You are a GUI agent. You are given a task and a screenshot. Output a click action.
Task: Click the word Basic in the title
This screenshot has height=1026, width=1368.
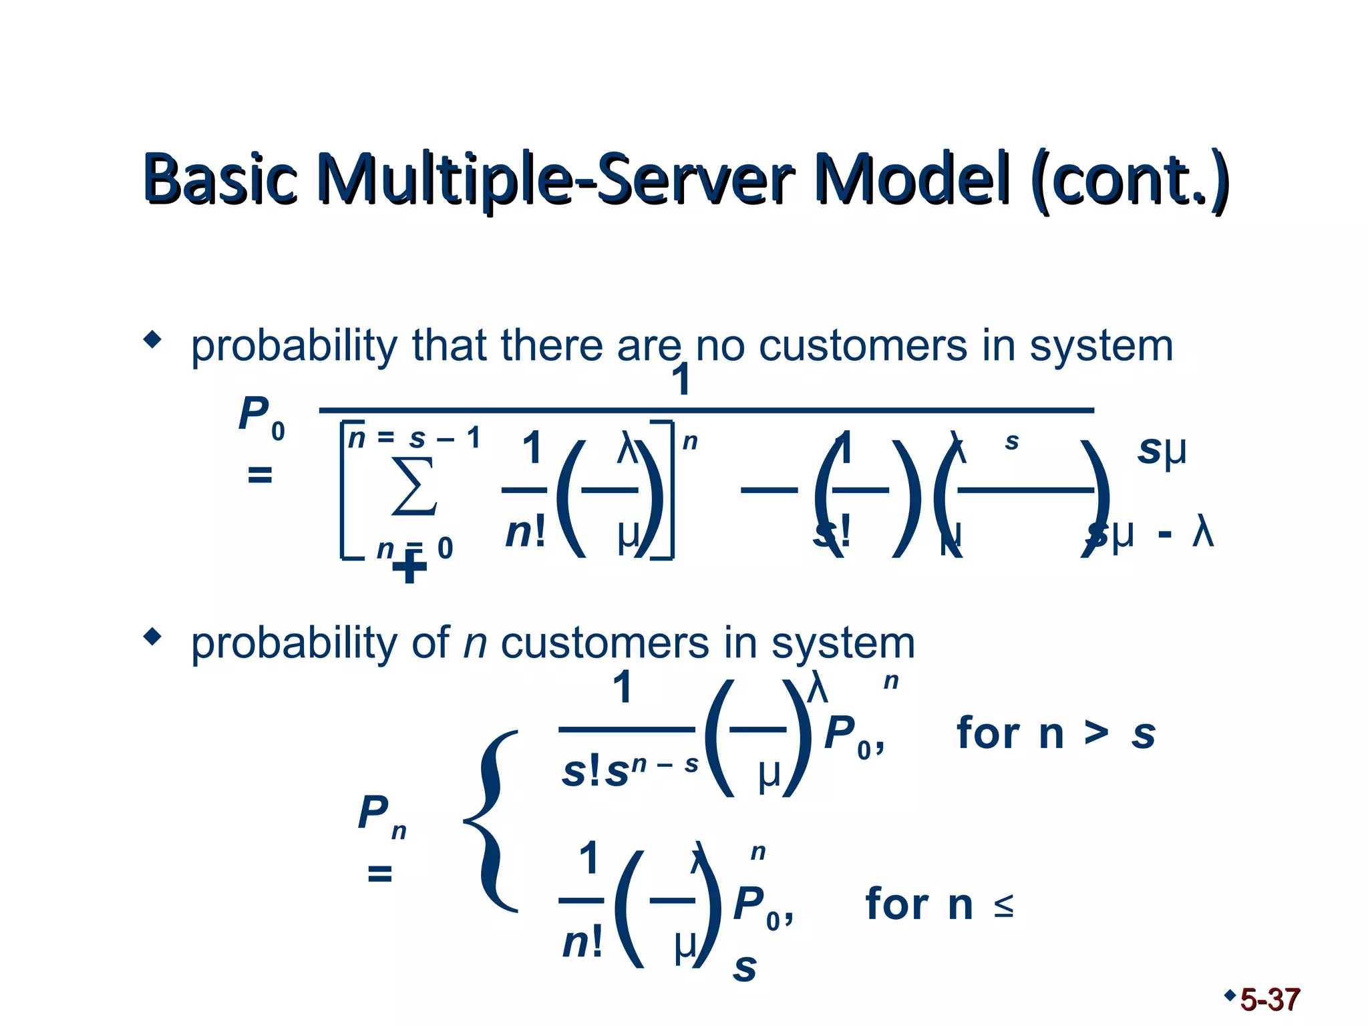tap(220, 178)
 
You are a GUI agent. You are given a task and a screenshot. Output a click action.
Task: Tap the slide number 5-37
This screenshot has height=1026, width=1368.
tap(1269, 1000)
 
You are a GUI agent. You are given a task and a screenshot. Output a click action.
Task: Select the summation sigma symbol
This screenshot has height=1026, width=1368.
tap(414, 486)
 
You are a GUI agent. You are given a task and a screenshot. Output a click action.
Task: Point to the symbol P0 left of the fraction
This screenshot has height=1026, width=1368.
tap(261, 417)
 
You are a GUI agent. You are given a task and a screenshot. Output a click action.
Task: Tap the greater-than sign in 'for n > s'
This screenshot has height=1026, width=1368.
tap(1095, 733)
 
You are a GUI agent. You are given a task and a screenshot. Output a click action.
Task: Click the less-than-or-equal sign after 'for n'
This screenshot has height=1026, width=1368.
tap(1003, 906)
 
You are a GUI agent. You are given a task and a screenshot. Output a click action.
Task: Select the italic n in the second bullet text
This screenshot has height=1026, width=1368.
tap(475, 644)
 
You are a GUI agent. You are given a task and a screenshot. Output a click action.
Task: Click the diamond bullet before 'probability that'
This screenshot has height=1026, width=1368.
tap(153, 339)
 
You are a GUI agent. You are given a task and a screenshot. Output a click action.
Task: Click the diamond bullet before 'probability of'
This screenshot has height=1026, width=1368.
tap(153, 637)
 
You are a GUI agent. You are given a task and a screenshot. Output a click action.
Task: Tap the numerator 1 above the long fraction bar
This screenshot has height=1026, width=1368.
tap(681, 381)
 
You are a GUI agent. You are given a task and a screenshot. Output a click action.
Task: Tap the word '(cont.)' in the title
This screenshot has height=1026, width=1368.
tap(1129, 178)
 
